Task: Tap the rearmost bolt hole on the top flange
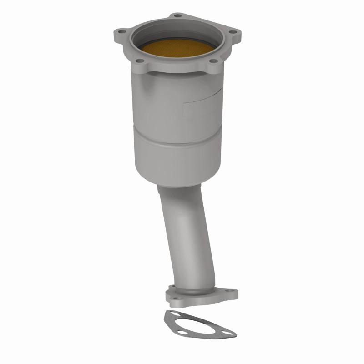click(x=177, y=16)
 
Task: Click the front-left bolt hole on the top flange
click(x=140, y=61)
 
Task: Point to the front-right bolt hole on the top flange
click(x=213, y=61)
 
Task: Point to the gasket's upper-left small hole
click(x=171, y=314)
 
